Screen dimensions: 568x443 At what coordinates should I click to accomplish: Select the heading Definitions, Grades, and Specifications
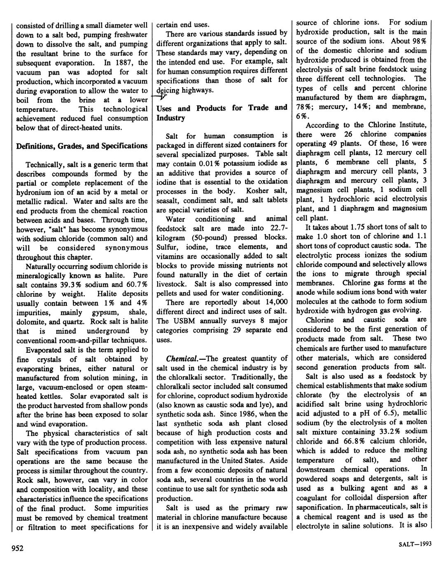pos(82,146)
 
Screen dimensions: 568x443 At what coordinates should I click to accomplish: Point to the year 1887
pos(126,63)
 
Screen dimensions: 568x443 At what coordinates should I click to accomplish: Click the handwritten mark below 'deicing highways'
pos(161,97)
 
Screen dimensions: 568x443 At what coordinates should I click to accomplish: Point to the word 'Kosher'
pos(258,191)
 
